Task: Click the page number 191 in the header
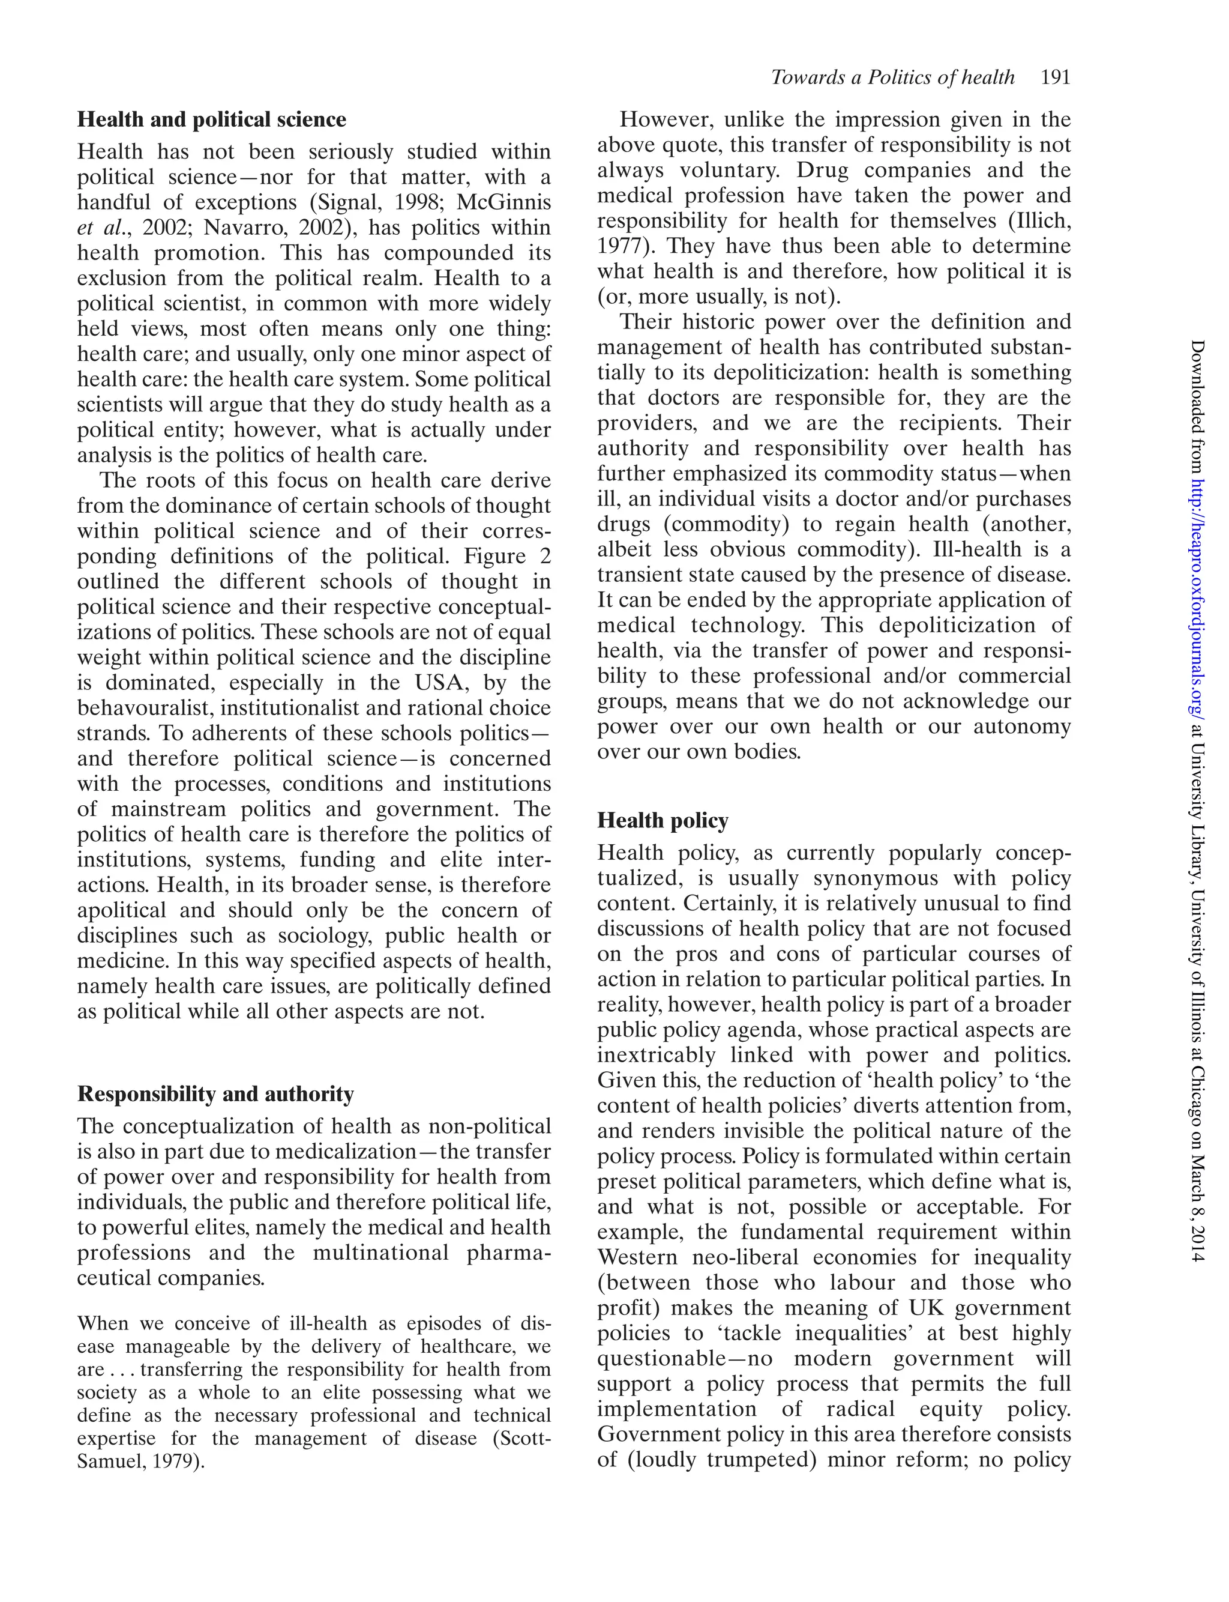pyautogui.click(x=1055, y=77)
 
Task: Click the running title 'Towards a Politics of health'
pyautogui.click(x=892, y=77)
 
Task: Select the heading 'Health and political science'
pyautogui.click(x=212, y=119)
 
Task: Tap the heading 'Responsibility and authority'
pyautogui.click(x=216, y=1093)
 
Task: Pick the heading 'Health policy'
pyautogui.click(x=663, y=820)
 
